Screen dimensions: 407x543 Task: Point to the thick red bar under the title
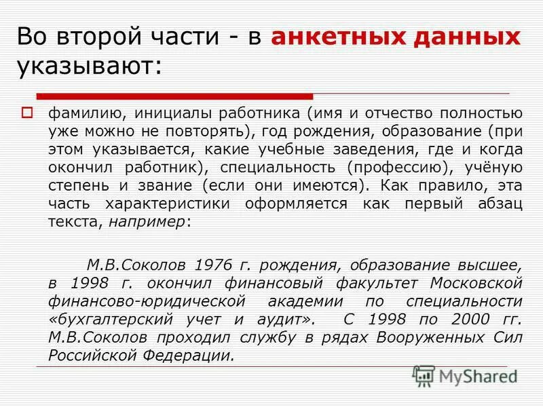pyautogui.click(x=174, y=96)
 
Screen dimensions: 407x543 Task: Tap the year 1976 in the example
pyautogui.click(x=212, y=263)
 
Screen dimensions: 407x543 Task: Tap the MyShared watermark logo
pyautogui.click(x=465, y=375)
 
